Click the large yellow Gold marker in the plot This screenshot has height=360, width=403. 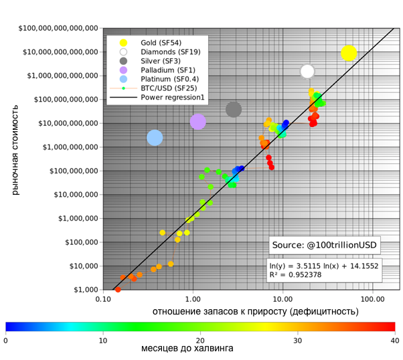coord(349,53)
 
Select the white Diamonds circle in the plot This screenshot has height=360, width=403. coord(307,71)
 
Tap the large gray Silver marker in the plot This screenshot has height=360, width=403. coord(234,109)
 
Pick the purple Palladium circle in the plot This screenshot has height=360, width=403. coord(197,122)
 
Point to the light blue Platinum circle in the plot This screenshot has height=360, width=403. coord(155,137)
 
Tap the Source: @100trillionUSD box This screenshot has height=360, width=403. coord(325,244)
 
